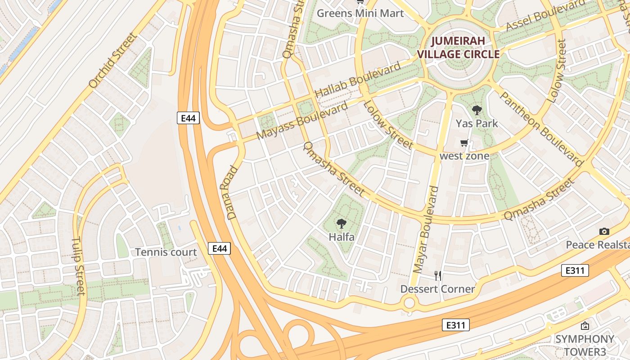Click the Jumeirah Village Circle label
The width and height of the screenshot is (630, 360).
(x=458, y=48)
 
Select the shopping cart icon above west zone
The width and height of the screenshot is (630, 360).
(x=464, y=143)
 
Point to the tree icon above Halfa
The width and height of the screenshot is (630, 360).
(x=342, y=223)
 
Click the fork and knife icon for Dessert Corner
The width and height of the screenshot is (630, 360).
(x=437, y=275)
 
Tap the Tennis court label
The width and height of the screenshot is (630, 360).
(x=166, y=252)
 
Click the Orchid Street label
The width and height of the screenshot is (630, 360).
(x=112, y=60)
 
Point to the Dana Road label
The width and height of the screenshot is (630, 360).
(x=229, y=193)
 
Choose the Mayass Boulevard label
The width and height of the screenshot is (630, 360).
(x=302, y=121)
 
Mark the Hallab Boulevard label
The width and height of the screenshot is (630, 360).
(x=357, y=80)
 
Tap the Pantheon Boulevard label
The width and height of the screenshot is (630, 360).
(x=541, y=127)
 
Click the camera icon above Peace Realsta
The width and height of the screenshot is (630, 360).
(x=604, y=231)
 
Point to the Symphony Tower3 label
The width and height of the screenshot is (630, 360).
(x=585, y=345)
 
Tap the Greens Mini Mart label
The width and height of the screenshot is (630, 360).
(x=360, y=13)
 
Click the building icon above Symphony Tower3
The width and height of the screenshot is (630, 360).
(x=585, y=326)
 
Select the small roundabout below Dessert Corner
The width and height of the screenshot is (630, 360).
(x=409, y=303)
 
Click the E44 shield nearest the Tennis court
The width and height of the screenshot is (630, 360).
(x=220, y=248)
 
